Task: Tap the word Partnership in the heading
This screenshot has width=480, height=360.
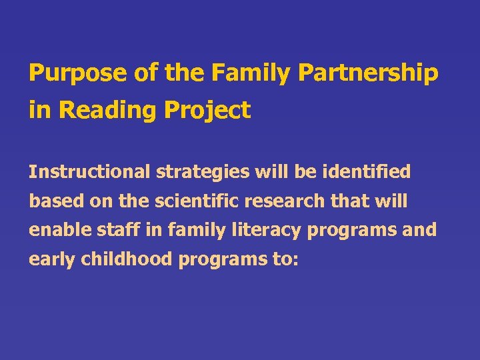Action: (368, 73)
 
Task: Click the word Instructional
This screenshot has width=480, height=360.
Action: (89, 172)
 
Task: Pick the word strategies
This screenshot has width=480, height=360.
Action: (196, 172)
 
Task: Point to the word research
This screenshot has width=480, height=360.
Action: (279, 201)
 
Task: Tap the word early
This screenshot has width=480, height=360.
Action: (51, 259)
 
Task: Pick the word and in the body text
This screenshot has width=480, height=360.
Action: (420, 230)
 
